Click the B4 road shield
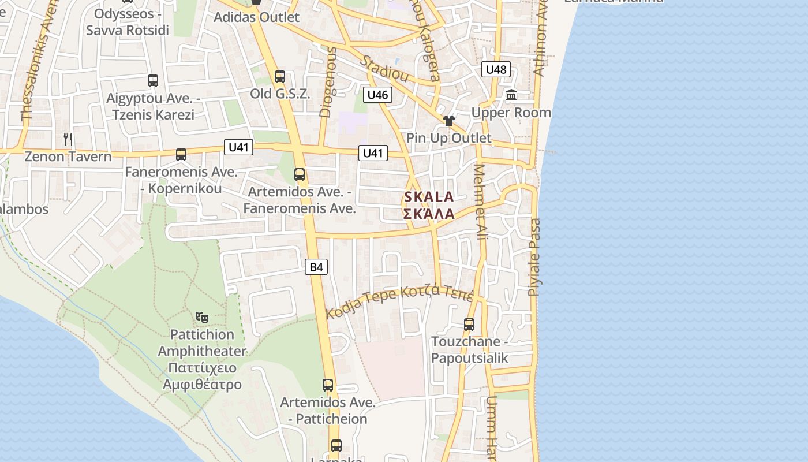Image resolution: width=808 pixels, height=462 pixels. tap(316, 267)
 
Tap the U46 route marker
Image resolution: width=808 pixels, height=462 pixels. tap(378, 95)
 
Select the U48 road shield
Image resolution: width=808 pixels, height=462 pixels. tap(496, 70)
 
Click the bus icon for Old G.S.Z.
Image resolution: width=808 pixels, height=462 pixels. tap(280, 77)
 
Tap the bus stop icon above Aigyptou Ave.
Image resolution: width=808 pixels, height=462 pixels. tap(153, 81)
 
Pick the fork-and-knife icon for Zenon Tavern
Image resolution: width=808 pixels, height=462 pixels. tap(68, 139)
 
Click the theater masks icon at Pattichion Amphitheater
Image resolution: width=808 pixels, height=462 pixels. tap(201, 317)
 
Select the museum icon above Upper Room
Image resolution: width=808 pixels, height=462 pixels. tap(511, 95)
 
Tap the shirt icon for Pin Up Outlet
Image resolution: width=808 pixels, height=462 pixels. tap(449, 121)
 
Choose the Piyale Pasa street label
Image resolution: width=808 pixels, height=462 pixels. tap(535, 257)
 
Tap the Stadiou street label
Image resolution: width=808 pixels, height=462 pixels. tap(385, 69)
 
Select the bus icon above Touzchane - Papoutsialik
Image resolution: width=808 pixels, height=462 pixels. tap(469, 325)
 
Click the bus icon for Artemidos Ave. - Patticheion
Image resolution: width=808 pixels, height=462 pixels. tap(328, 385)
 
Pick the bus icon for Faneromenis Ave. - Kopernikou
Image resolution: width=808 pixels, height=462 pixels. tap(181, 155)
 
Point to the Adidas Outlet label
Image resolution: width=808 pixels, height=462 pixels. tap(256, 17)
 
